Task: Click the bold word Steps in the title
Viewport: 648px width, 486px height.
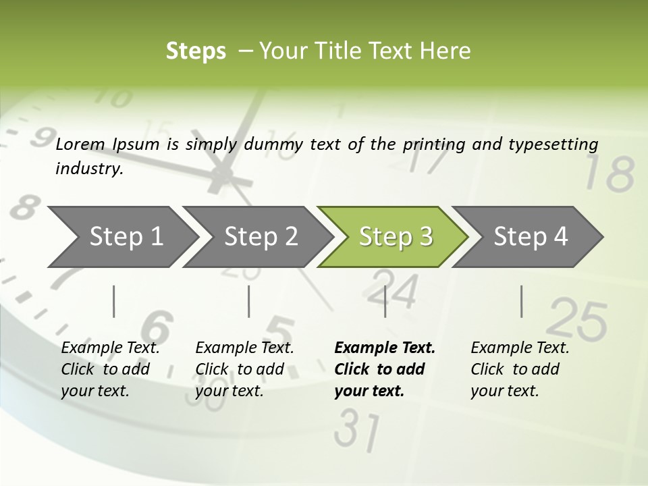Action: point(196,51)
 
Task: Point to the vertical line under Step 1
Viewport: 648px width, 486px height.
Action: point(113,301)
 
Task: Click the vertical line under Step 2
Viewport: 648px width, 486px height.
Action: point(249,301)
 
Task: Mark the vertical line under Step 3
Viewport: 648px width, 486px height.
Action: point(385,301)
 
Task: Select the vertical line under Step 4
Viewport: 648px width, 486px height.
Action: point(521,301)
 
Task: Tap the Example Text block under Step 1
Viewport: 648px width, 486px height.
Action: point(110,369)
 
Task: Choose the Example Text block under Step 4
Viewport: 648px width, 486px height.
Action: point(520,369)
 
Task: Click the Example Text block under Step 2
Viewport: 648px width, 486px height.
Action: point(244,369)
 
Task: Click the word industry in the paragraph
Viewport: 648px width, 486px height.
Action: point(88,169)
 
